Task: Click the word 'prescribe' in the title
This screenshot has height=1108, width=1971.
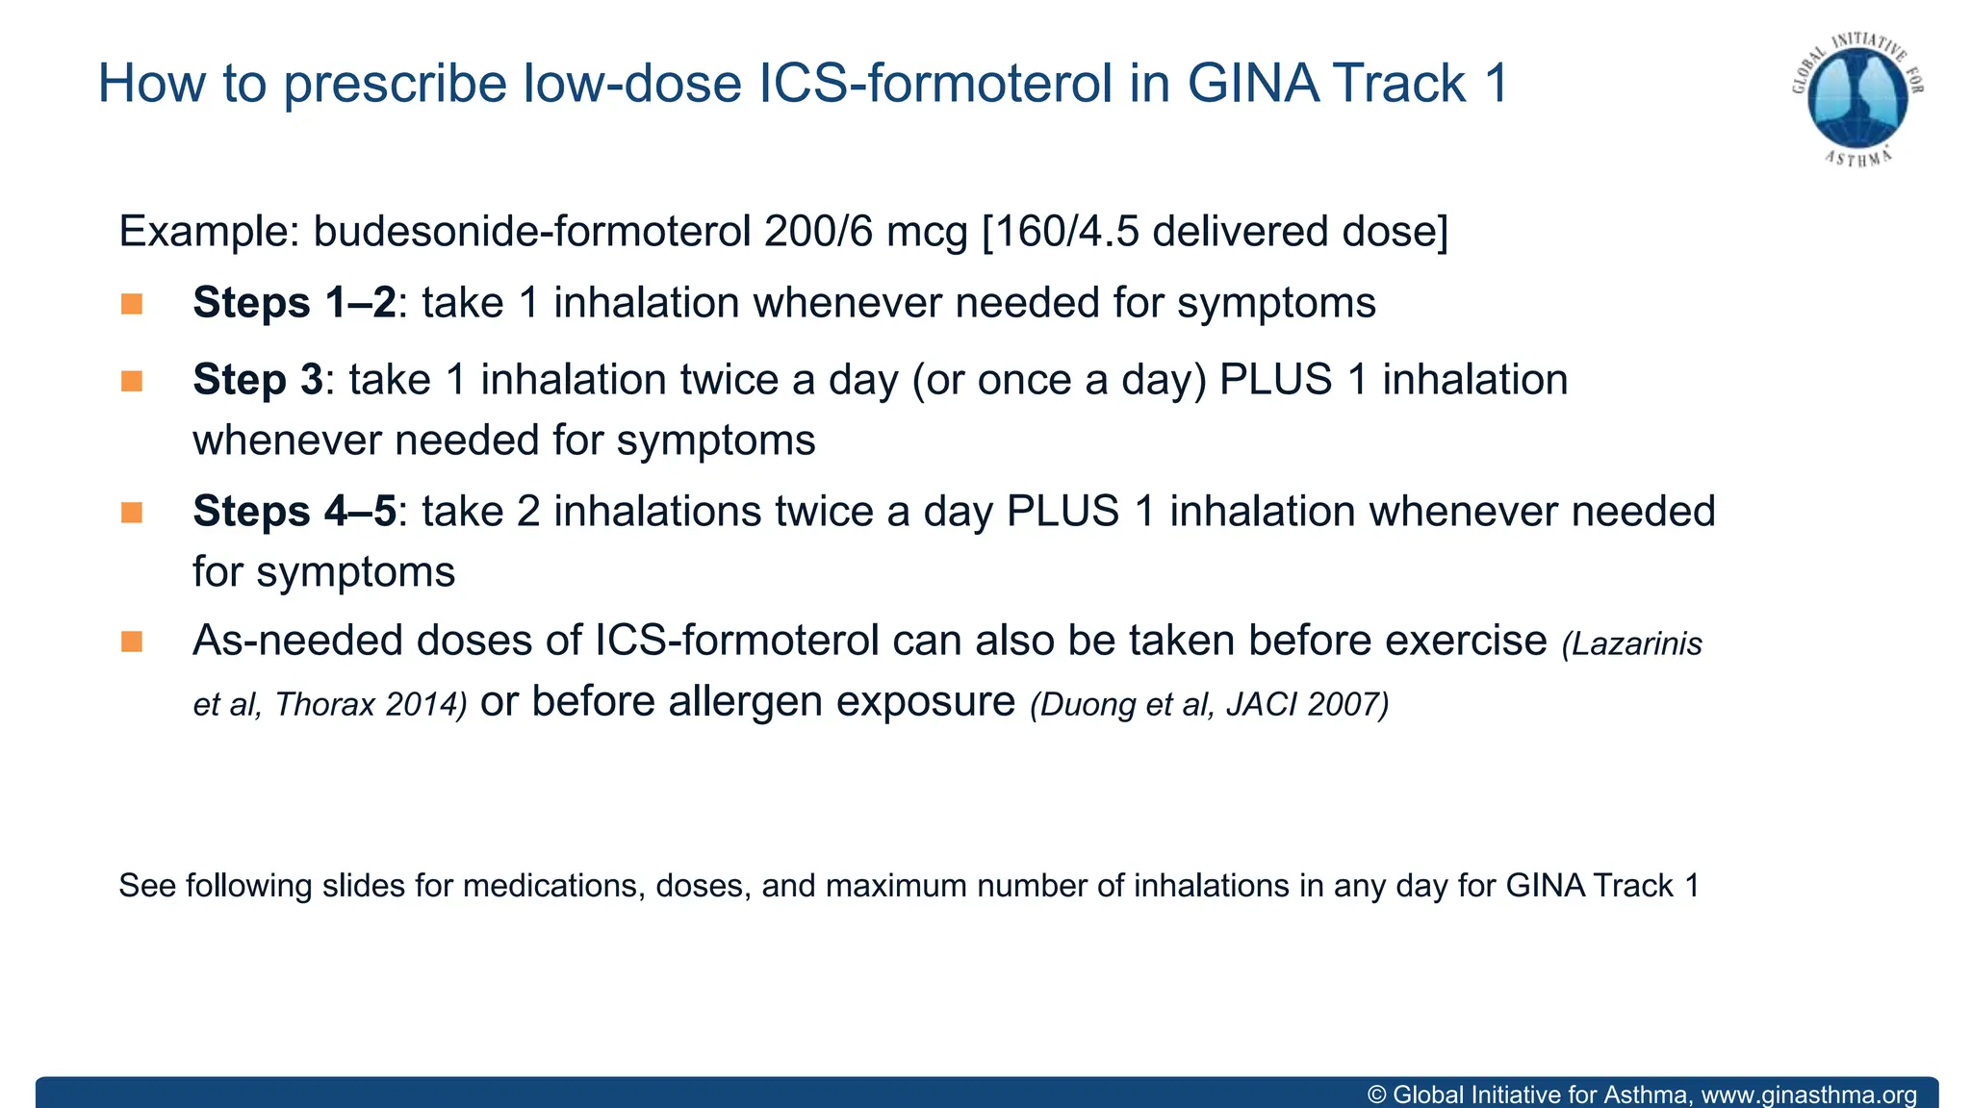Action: (395, 84)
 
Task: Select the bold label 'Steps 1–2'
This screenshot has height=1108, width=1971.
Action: (294, 303)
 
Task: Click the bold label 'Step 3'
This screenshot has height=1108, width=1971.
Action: (258, 379)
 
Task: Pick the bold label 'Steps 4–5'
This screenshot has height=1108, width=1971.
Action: (294, 511)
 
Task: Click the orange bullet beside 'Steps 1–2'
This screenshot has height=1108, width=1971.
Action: (132, 305)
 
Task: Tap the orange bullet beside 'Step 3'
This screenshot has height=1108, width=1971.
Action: (132, 382)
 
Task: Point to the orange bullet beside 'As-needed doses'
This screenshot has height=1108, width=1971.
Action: (132, 642)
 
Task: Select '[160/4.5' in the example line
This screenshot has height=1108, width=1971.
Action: (1060, 232)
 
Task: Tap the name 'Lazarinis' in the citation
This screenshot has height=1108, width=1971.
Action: (1637, 644)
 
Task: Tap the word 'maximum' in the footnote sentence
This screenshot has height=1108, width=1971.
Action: (896, 886)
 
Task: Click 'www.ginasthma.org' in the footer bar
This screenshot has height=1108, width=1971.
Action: (1808, 1095)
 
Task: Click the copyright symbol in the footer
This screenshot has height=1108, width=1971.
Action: (1376, 1095)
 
